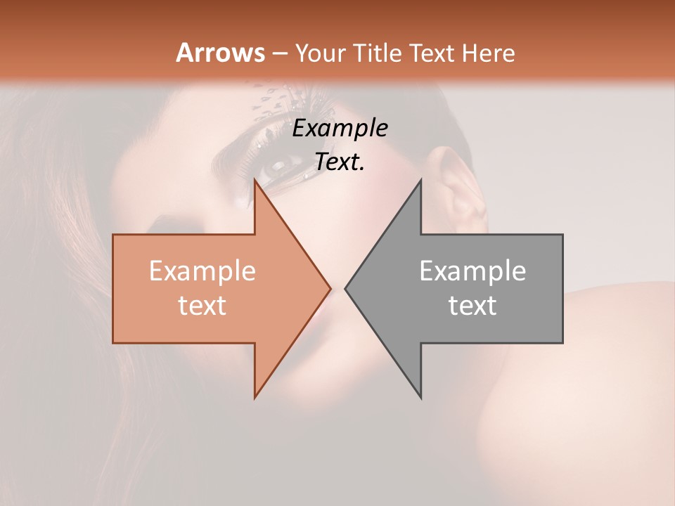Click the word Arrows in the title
tap(220, 53)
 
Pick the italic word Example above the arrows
tap(340, 129)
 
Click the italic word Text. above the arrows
tap(340, 162)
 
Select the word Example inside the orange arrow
tap(202, 271)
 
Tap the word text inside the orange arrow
tap(202, 305)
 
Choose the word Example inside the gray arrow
tap(472, 271)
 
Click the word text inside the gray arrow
tap(472, 305)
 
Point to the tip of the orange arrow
tap(330, 288)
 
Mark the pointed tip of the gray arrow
tap(345, 288)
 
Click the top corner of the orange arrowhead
tap(255, 181)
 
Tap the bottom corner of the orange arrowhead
tap(255, 397)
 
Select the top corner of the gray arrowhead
tap(420, 181)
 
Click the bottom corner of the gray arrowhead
tap(420, 397)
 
